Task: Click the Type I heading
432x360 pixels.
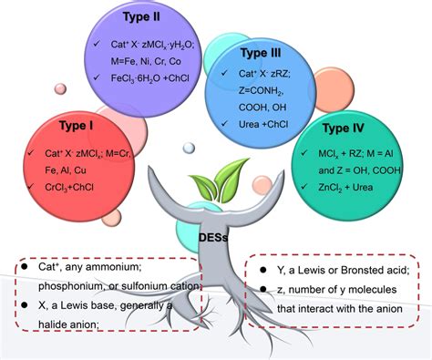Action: [x=77, y=126]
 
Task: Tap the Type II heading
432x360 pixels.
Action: [x=141, y=16]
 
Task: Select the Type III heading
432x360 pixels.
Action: [x=261, y=53]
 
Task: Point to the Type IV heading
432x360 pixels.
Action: [x=343, y=128]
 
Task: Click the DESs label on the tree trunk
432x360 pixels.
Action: [x=213, y=237]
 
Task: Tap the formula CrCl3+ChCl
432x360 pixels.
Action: [x=69, y=187]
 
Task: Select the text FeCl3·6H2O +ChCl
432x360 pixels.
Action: [x=150, y=78]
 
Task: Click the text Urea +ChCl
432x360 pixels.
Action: [x=263, y=124]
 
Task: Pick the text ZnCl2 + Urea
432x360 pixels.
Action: [x=345, y=187]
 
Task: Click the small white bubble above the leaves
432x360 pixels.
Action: [x=189, y=148]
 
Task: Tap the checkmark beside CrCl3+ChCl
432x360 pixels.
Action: [x=30, y=186]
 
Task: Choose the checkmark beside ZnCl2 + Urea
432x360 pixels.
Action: [x=303, y=186]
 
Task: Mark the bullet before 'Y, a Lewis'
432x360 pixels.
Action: [x=263, y=270]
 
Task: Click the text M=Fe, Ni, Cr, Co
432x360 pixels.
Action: [x=146, y=61]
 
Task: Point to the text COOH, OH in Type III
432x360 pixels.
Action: [x=262, y=108]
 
